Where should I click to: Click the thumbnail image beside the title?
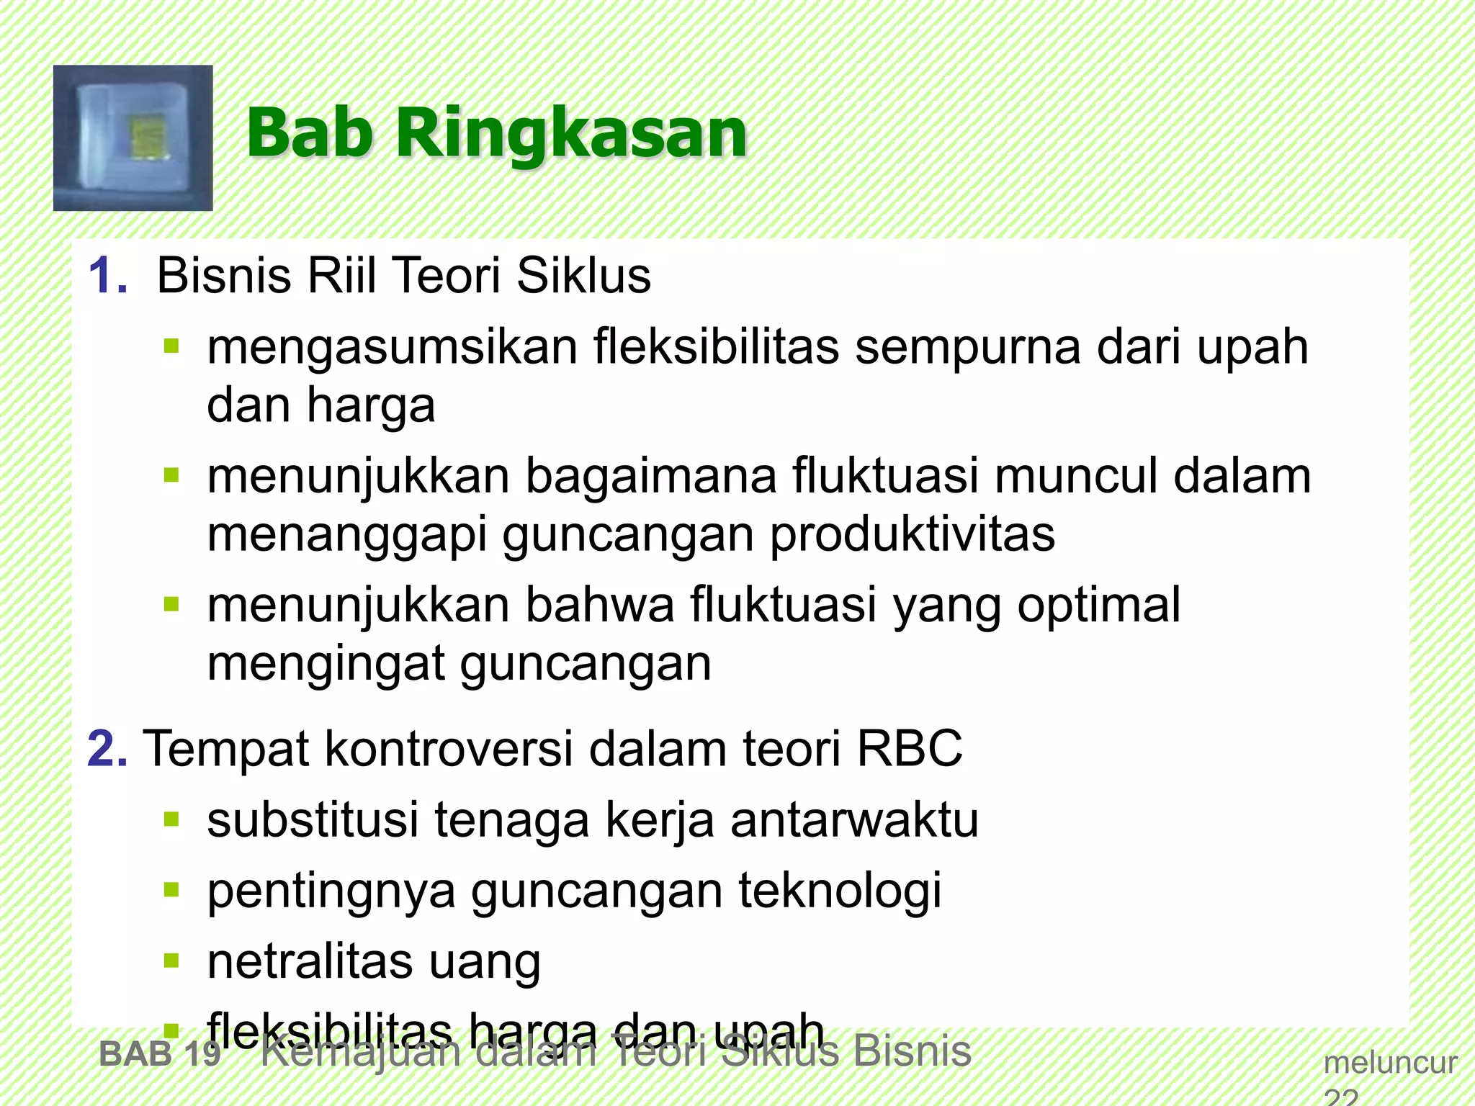(133, 138)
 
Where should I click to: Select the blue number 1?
(107, 276)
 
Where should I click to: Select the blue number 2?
(107, 749)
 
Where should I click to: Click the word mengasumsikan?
(392, 348)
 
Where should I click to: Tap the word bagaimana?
(651, 477)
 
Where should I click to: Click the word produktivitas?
(913, 534)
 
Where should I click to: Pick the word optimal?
(1099, 605)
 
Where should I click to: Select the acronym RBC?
(909, 749)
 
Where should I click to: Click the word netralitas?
(310, 961)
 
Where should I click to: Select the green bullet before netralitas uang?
(171, 961)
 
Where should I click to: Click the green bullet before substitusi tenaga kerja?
(171, 819)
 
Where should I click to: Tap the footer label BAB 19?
(160, 1054)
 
